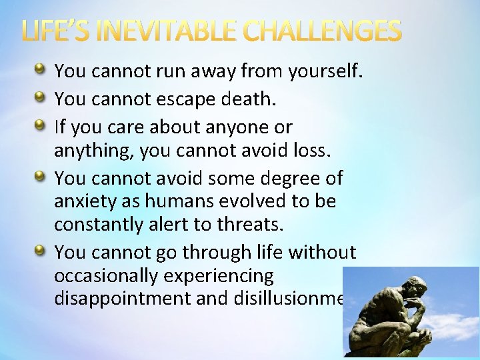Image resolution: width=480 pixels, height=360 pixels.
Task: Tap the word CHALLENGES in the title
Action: pos(322,31)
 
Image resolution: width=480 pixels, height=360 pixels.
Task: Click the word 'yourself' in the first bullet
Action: pos(325,71)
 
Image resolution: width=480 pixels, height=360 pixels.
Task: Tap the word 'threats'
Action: pos(251,225)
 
